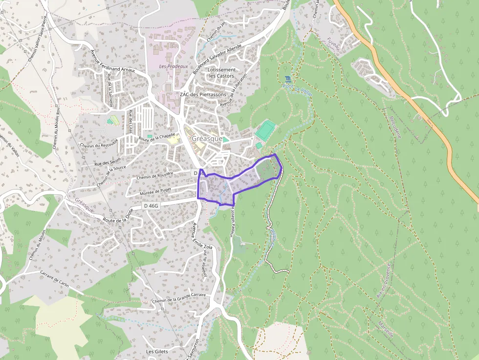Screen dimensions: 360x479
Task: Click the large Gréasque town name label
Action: pyautogui.click(x=207, y=139)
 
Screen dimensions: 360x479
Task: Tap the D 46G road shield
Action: pyautogui.click(x=152, y=206)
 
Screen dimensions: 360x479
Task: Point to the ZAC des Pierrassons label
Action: pyautogui.click(x=203, y=94)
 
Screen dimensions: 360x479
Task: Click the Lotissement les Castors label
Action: pyautogui.click(x=221, y=73)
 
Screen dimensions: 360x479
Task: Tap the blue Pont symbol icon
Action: pyautogui.click(x=287, y=79)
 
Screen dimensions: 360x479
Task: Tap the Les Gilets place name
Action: pyautogui.click(x=157, y=351)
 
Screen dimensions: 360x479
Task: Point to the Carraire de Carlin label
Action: pyautogui.click(x=55, y=279)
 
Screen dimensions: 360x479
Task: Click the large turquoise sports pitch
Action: pyautogui.click(x=265, y=130)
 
